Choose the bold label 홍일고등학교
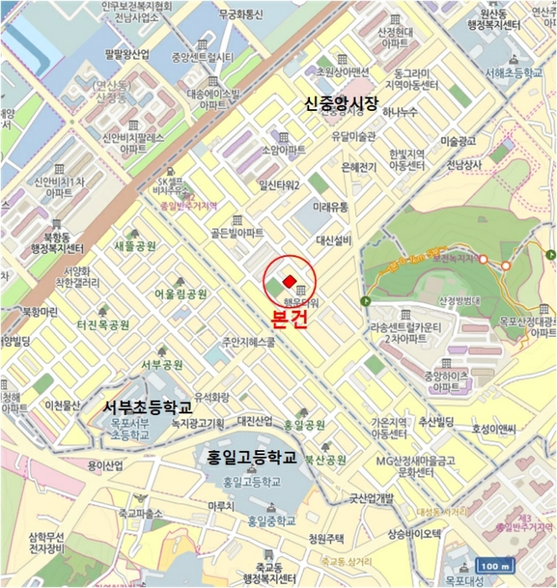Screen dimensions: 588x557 pyautogui.click(x=253, y=457)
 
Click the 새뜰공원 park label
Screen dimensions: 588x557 pyautogui.click(x=135, y=246)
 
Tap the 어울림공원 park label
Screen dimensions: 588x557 pyautogui.click(x=181, y=294)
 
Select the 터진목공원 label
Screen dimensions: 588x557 pyautogui.click(x=103, y=324)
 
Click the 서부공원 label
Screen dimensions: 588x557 pyautogui.click(x=162, y=365)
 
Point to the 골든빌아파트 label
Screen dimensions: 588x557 pyautogui.click(x=237, y=233)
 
